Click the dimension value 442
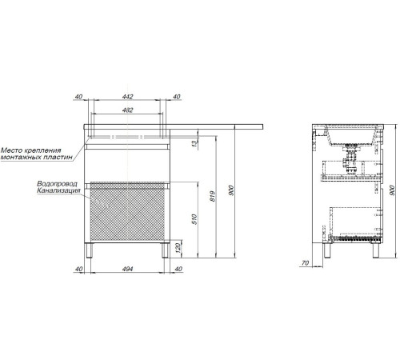point(127,97)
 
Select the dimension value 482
point(127,110)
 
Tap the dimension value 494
point(127,269)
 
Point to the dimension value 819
point(213,196)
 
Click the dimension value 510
point(194,219)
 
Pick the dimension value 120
point(178,248)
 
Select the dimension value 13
point(195,143)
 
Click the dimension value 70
point(305,263)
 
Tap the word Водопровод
point(57,184)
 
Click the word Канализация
point(58,190)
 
